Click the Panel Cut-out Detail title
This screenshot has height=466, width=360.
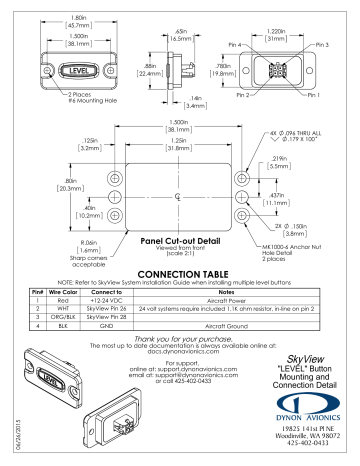coord(179,240)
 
